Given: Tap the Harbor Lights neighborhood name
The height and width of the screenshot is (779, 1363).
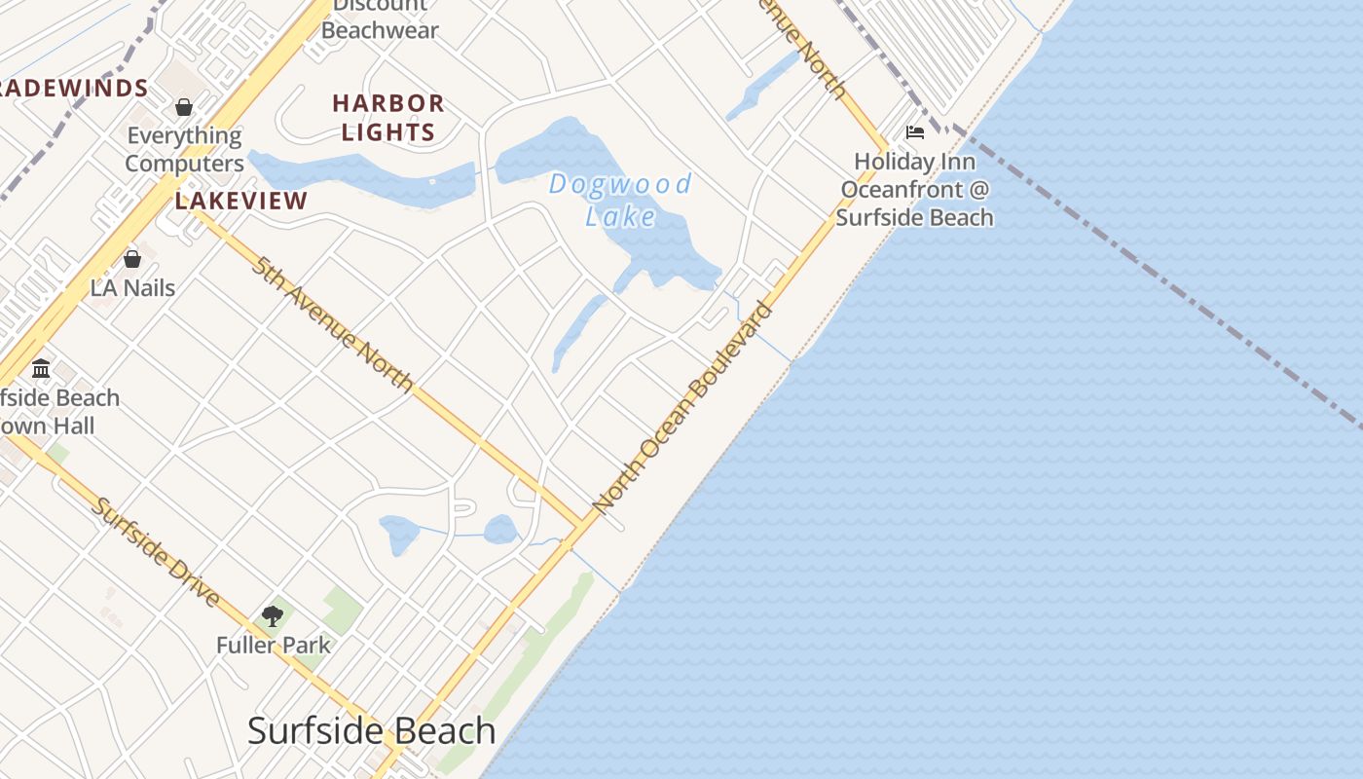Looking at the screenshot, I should click(388, 117).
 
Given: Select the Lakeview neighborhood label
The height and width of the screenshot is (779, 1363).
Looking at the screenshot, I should click(241, 202).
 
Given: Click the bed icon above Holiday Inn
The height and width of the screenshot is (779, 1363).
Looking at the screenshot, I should click(914, 132).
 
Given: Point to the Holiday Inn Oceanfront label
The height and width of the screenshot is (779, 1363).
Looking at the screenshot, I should click(914, 189).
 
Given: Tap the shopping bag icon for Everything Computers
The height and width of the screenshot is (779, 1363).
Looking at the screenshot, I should click(184, 107).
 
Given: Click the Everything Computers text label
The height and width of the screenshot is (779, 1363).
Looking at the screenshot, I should click(184, 149).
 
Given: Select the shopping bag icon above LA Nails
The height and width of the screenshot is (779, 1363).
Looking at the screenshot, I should click(132, 259).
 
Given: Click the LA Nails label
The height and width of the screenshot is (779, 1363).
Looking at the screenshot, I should click(132, 288).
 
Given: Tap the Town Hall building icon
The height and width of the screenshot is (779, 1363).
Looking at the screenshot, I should click(41, 369).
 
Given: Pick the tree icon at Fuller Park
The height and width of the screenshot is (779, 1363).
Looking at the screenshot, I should click(273, 615).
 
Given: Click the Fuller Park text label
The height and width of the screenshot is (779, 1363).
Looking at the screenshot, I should click(274, 645).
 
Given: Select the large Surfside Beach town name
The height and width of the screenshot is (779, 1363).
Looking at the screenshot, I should click(371, 730).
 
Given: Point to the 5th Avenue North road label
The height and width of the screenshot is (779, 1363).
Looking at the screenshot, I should click(333, 323).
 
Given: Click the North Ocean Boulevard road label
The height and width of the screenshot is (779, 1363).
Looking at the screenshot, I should click(682, 408).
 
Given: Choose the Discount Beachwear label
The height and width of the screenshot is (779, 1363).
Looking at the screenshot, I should click(380, 19).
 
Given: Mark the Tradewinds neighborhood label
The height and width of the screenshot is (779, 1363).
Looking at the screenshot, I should click(74, 89).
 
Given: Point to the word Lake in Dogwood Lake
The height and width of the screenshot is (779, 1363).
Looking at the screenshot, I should click(620, 216).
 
